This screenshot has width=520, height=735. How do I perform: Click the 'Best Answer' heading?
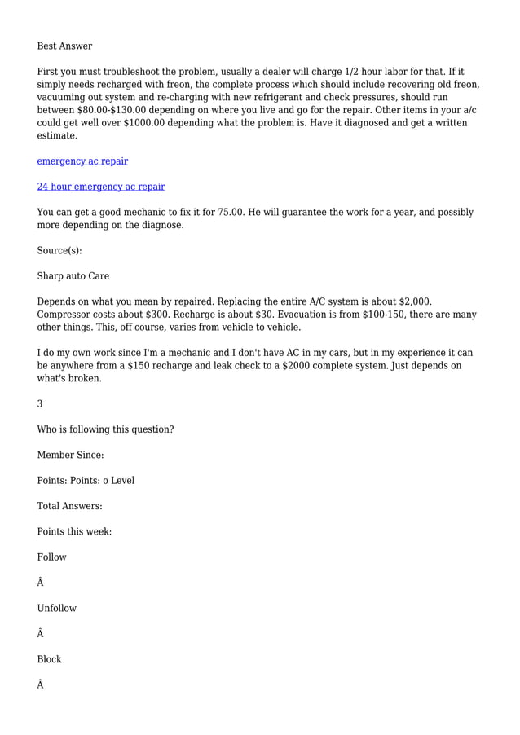coord(64,46)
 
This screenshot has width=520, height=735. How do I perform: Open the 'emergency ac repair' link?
coord(82,161)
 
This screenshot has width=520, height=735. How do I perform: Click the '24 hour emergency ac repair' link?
coord(101,187)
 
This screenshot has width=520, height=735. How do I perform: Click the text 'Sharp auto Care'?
coord(73,276)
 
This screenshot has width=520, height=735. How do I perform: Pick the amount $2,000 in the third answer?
coord(413,301)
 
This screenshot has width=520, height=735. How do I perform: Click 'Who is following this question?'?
coord(105,429)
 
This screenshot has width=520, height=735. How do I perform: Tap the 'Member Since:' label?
coord(70,455)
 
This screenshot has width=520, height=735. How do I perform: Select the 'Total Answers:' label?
coord(69,506)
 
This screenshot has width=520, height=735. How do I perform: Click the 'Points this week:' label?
coord(74,531)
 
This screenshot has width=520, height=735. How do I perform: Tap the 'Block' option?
coord(49,659)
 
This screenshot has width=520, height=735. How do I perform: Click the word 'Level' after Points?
coord(122,481)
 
